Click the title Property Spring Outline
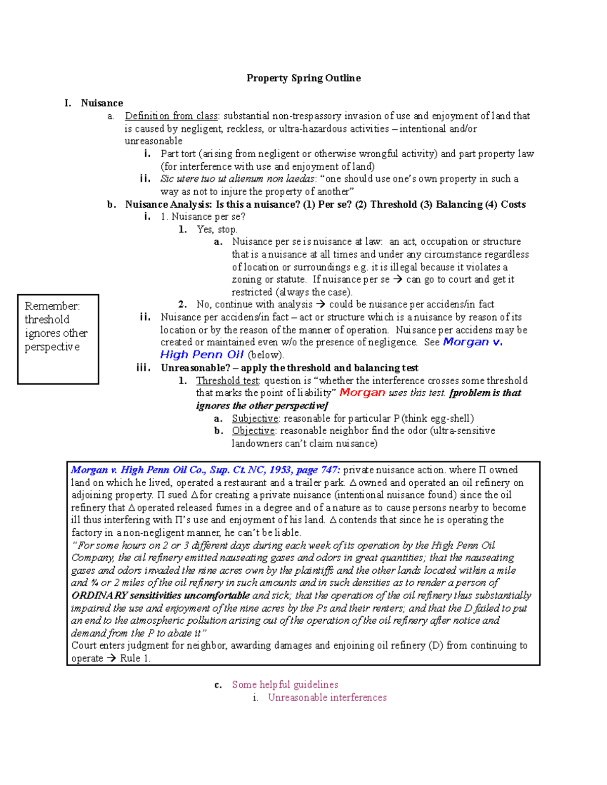click(303, 78)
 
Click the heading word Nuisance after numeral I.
click(102, 103)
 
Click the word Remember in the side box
click(52, 306)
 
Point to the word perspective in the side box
click(52, 347)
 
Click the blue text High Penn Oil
click(202, 355)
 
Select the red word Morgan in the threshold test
click(362, 393)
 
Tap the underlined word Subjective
click(255, 419)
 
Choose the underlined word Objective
click(253, 431)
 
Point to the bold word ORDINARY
click(99, 595)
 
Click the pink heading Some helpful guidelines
click(285, 685)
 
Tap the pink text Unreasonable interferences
click(327, 698)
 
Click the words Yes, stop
click(217, 229)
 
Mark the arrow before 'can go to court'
click(398, 280)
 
